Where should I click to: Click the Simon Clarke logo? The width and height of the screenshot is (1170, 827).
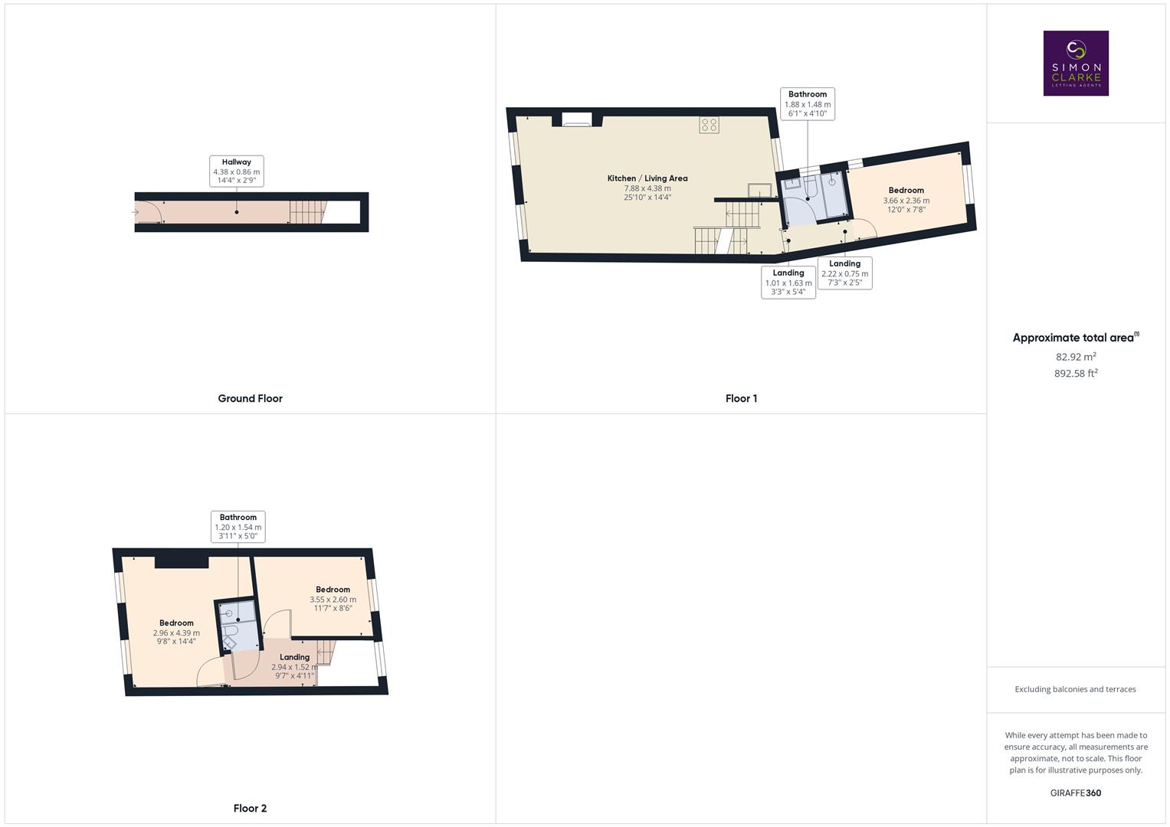1076,63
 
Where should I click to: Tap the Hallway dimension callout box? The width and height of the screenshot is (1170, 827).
237,172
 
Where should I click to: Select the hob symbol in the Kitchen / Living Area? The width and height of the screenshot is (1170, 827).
709,125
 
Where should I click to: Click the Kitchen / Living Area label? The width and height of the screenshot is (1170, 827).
647,187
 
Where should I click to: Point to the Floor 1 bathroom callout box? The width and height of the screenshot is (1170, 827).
808,103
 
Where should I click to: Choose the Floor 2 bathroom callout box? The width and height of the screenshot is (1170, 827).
238,527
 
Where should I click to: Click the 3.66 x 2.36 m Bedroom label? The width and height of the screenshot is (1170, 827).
906,199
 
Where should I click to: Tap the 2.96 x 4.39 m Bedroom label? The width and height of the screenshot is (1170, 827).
176,632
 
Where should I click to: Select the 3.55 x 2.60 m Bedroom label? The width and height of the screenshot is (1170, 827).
333,599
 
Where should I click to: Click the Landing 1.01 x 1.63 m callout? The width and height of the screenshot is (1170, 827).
788,282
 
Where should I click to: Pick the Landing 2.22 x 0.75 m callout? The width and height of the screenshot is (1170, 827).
844,273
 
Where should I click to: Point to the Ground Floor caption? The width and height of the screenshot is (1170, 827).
250,398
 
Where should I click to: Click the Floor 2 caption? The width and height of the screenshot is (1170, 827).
250,808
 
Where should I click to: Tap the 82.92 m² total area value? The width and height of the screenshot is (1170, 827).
1076,357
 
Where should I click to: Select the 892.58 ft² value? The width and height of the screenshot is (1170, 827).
1076,374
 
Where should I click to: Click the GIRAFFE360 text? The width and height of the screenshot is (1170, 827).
1076,793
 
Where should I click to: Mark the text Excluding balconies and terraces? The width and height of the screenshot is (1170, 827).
1076,689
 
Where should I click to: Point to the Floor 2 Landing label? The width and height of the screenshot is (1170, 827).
294,657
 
